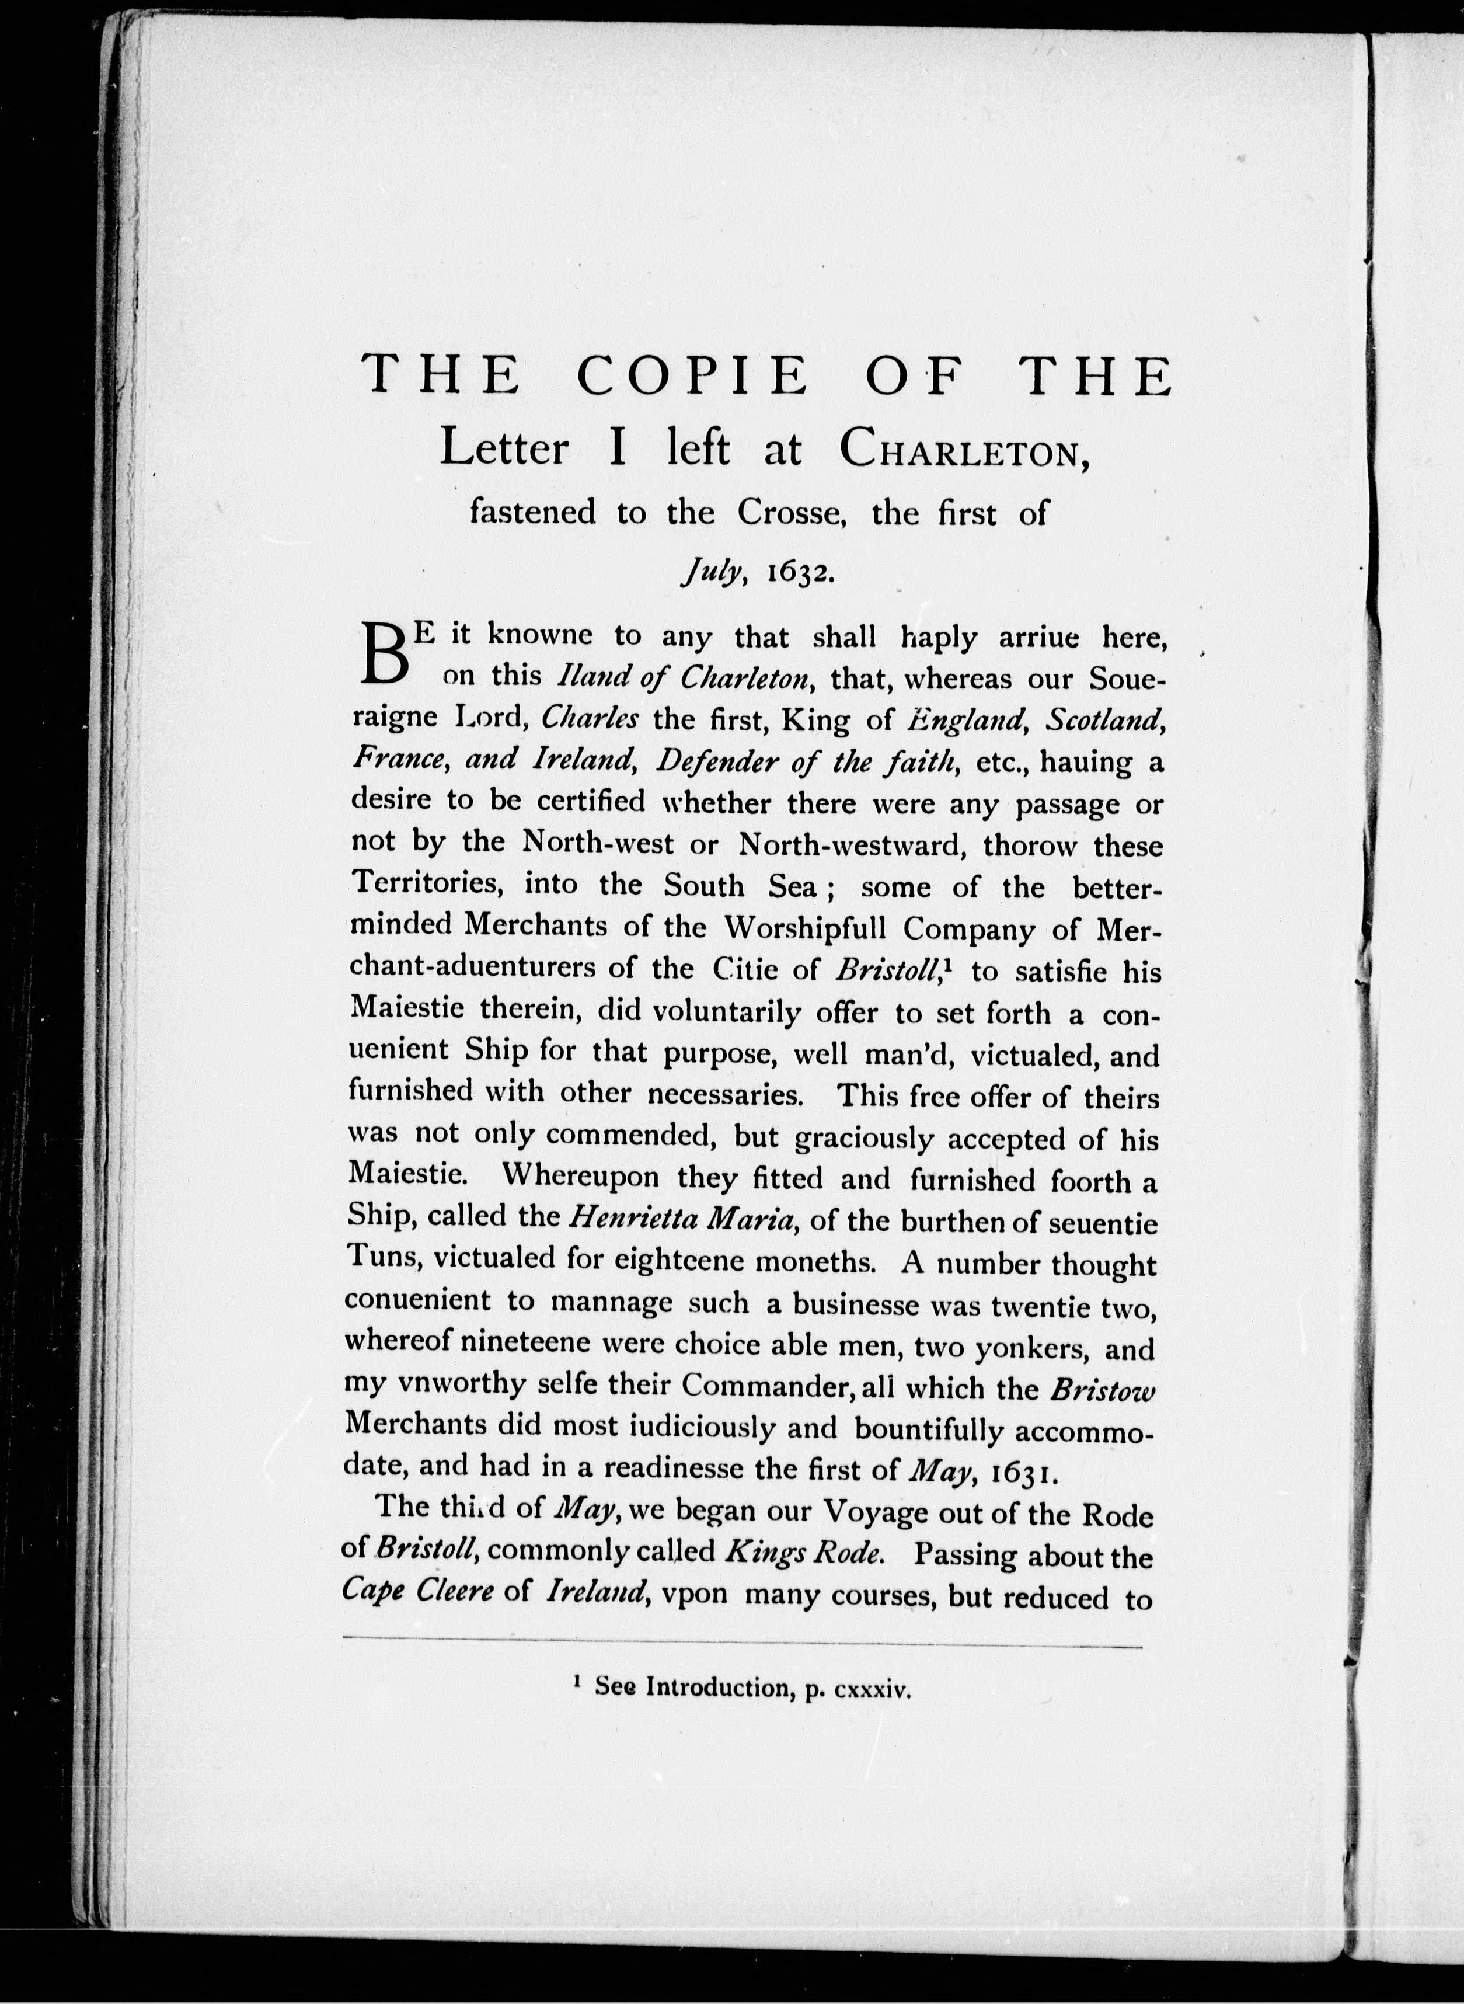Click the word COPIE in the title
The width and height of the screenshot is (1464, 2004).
point(692,376)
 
